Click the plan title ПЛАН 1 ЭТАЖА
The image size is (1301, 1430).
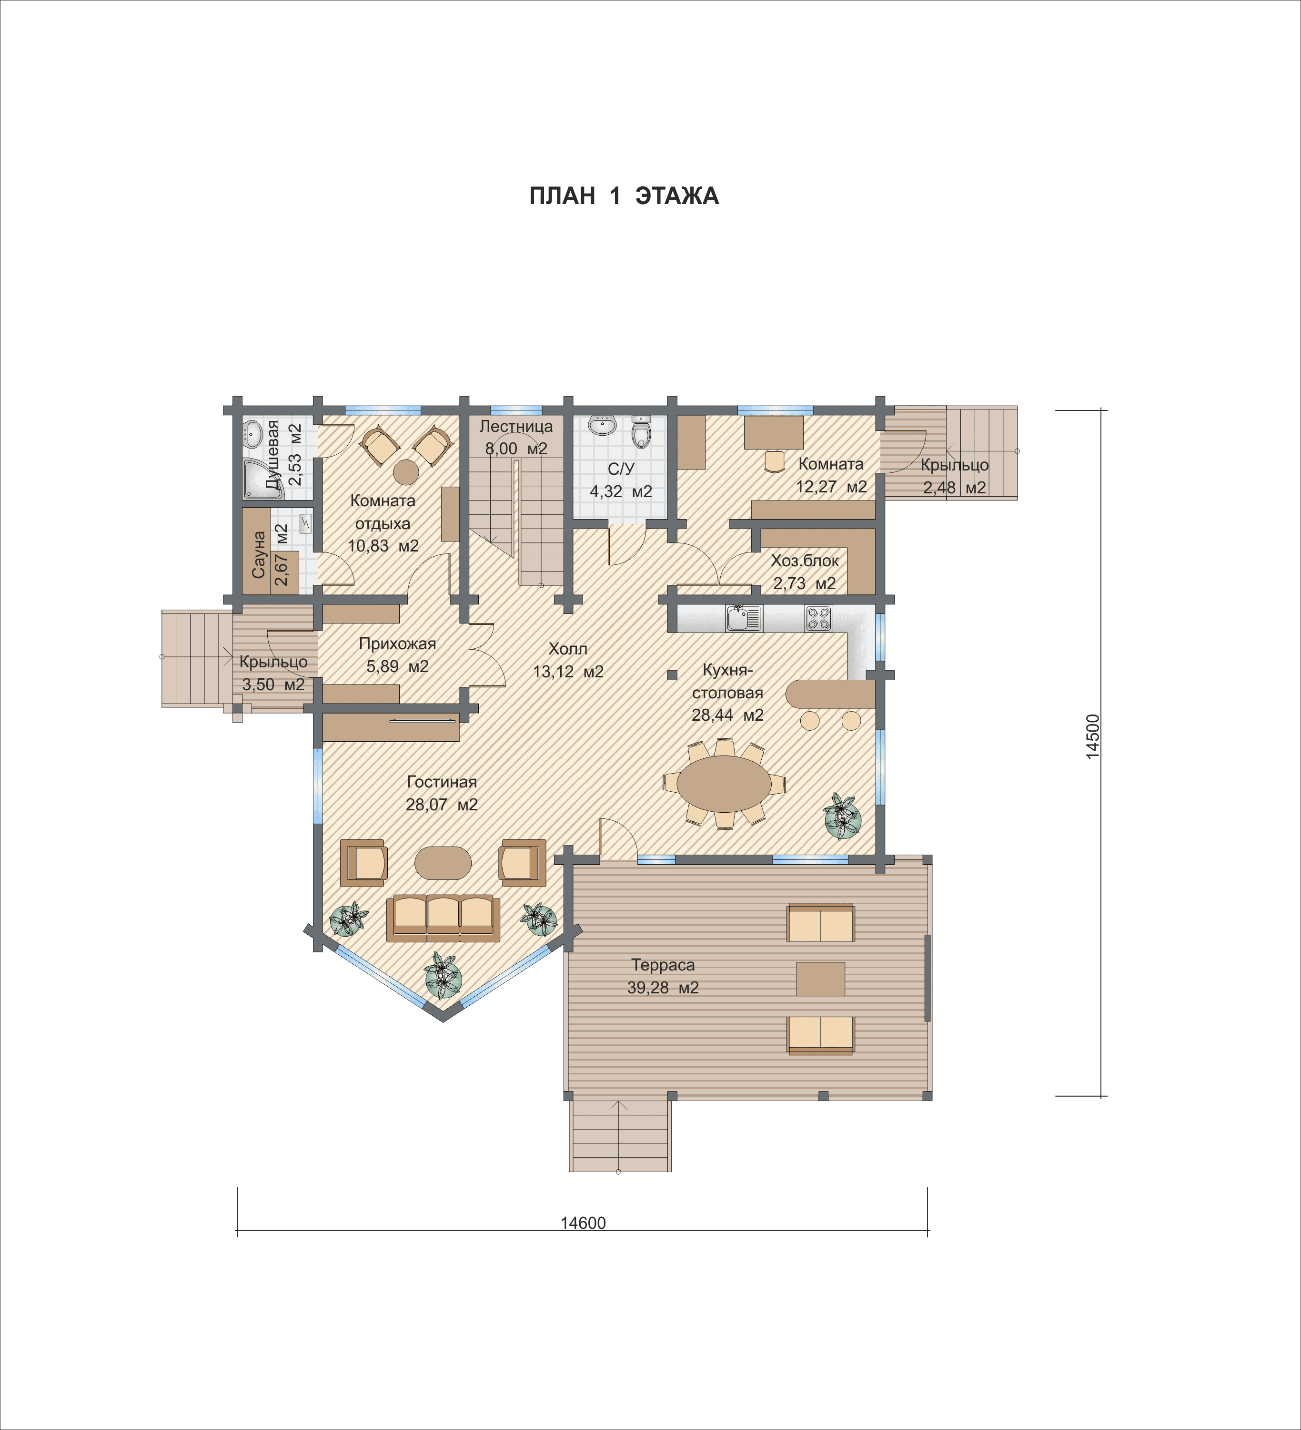tap(624, 196)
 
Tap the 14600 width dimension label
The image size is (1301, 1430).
tap(583, 1223)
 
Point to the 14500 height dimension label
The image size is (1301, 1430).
tap(1092, 736)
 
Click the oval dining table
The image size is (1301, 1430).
tap(724, 784)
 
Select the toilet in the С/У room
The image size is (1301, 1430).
tap(641, 432)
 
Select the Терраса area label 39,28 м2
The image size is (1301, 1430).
tap(663, 987)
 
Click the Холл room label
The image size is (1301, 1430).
tap(568, 648)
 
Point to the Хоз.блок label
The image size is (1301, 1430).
tap(805, 561)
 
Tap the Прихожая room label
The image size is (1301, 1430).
tap(397, 643)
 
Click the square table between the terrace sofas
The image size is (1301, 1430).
tap(820, 979)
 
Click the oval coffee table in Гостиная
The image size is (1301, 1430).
tap(443, 863)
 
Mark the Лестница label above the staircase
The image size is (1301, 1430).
tap(516, 426)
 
